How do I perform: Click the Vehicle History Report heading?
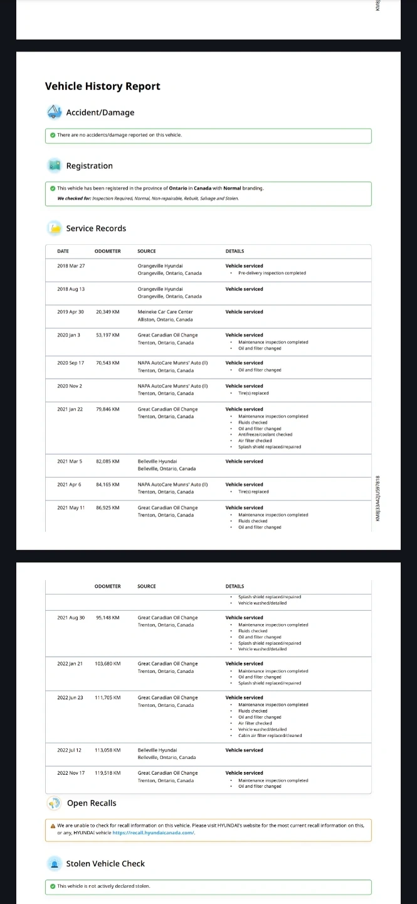pyautogui.click(x=102, y=87)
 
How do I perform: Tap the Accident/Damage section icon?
pyautogui.click(x=54, y=112)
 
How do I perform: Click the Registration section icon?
pyautogui.click(x=54, y=166)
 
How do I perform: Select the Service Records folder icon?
pyautogui.click(x=55, y=229)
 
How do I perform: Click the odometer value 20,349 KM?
pyautogui.click(x=107, y=312)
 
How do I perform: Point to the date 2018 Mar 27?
pyautogui.click(x=71, y=266)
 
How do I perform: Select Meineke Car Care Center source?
pyautogui.click(x=166, y=312)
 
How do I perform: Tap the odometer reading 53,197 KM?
pyautogui.click(x=107, y=335)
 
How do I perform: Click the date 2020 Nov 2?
pyautogui.click(x=70, y=386)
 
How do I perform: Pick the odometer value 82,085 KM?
pyautogui.click(x=107, y=461)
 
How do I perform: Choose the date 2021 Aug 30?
pyautogui.click(x=71, y=618)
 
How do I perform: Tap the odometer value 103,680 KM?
pyautogui.click(x=108, y=664)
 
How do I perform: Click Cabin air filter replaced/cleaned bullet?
pyautogui.click(x=270, y=735)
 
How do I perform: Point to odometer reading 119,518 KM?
pyautogui.click(x=108, y=773)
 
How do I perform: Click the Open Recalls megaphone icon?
pyautogui.click(x=55, y=804)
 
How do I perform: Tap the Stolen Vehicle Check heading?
pyautogui.click(x=105, y=864)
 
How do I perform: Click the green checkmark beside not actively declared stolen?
pyautogui.click(x=53, y=886)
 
